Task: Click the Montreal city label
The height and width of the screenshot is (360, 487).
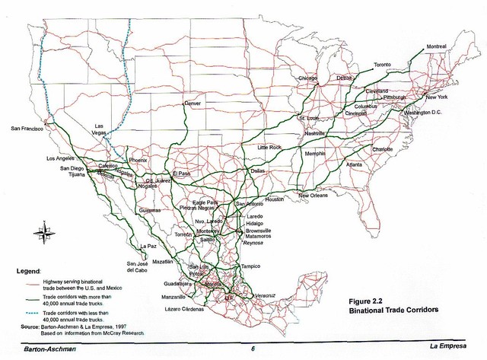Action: pos(436,46)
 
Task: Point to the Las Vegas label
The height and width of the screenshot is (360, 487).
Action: pos(99,129)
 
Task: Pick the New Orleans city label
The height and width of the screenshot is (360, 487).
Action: pos(313,196)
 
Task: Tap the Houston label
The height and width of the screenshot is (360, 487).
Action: pos(274,199)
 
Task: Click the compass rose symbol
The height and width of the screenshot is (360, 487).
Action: pos(39,237)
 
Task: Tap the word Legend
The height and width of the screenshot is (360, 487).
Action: pos(30,270)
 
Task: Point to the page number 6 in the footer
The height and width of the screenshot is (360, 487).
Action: pos(252,349)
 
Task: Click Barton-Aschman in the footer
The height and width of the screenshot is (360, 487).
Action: pos(49,349)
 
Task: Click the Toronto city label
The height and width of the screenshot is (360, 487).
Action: pos(387,65)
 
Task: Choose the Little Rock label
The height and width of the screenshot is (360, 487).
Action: pos(269,147)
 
